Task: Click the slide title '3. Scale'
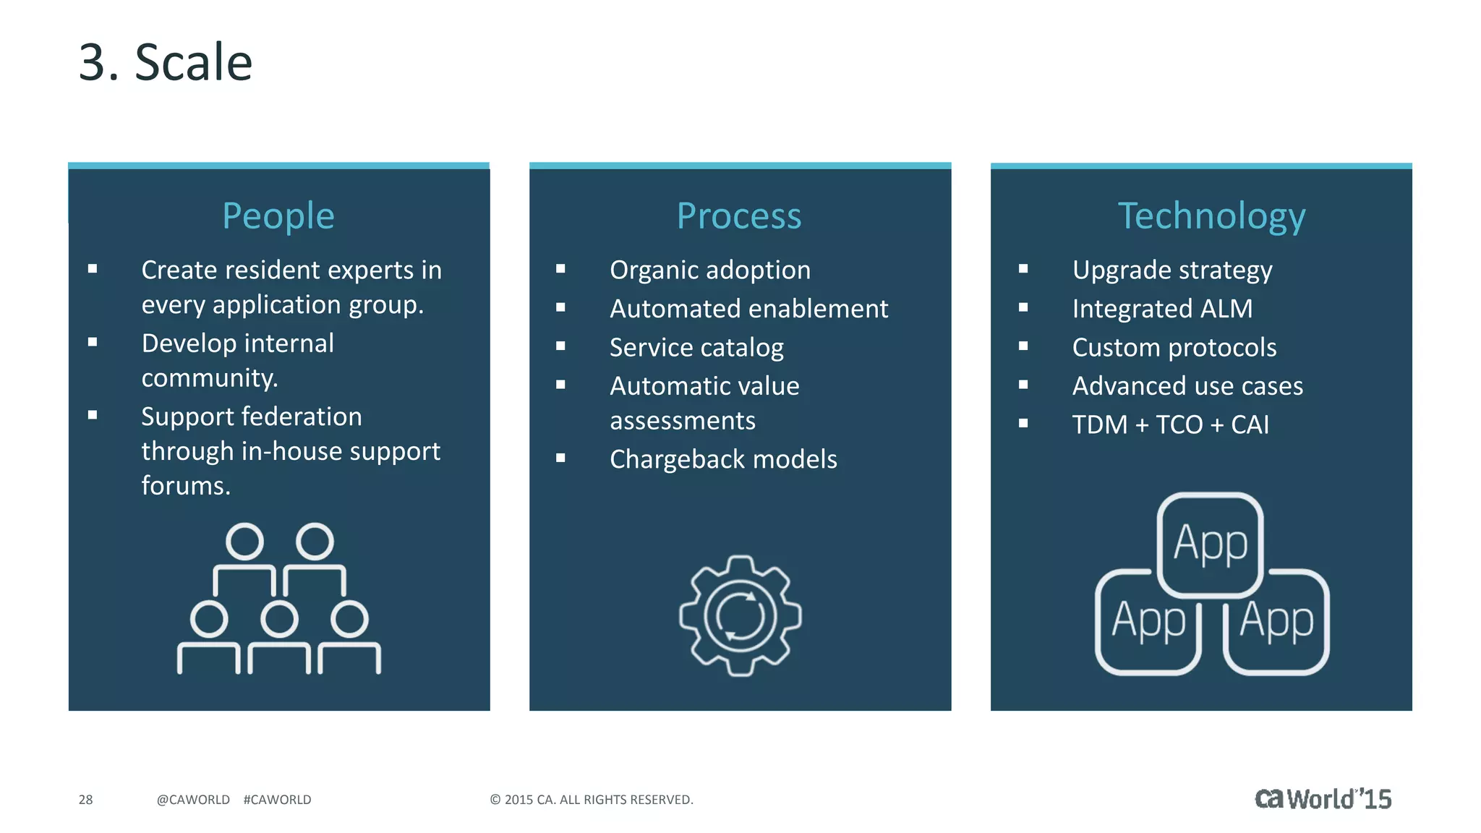[165, 62]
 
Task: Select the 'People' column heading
[278, 215]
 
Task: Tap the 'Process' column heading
[739, 215]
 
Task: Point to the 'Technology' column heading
[1211, 215]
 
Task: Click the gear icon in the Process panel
[740, 616]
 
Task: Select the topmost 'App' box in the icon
[1210, 544]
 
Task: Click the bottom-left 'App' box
[1148, 622]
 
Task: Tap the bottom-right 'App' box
[1276, 622]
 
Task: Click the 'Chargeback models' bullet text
[723, 459]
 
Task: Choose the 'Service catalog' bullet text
[696, 348]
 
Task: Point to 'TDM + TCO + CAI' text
[1170, 424]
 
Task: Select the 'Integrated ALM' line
[1162, 309]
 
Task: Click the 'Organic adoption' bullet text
[709, 270]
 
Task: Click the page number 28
[85, 800]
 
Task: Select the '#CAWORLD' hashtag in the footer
[277, 800]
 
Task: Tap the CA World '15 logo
[1323, 799]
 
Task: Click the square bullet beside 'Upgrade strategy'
[1023, 269]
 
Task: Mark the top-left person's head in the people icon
[244, 542]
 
